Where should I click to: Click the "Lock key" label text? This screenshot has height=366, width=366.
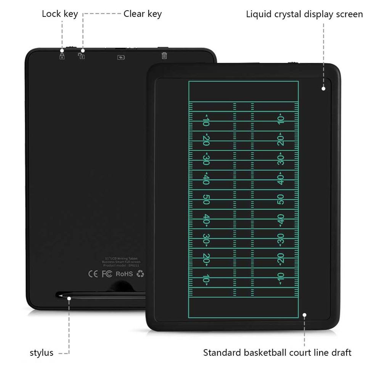[60, 14]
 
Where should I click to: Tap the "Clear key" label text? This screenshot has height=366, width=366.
[143, 14]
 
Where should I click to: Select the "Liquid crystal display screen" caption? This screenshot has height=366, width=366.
[304, 14]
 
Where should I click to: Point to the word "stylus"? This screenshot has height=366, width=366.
[42, 353]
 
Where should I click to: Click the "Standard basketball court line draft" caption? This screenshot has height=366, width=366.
[277, 353]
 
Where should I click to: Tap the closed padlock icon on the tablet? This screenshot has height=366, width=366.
[62, 56]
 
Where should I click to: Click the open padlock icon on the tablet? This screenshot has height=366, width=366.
[81, 56]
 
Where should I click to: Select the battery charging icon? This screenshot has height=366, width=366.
[121, 58]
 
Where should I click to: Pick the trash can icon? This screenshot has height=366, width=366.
[164, 56]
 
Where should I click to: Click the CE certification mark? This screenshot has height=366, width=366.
[93, 274]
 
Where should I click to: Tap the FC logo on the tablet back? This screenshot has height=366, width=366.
[107, 274]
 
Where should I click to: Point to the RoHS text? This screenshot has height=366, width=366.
[124, 274]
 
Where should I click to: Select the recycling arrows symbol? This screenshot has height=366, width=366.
[140, 273]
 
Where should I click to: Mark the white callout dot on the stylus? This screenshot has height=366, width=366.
[69, 298]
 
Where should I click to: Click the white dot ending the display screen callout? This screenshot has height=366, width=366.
[323, 88]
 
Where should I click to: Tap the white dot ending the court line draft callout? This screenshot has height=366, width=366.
[305, 315]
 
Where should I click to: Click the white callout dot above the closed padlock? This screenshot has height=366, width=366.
[62, 50]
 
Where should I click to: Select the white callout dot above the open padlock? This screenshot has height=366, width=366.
[83, 50]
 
